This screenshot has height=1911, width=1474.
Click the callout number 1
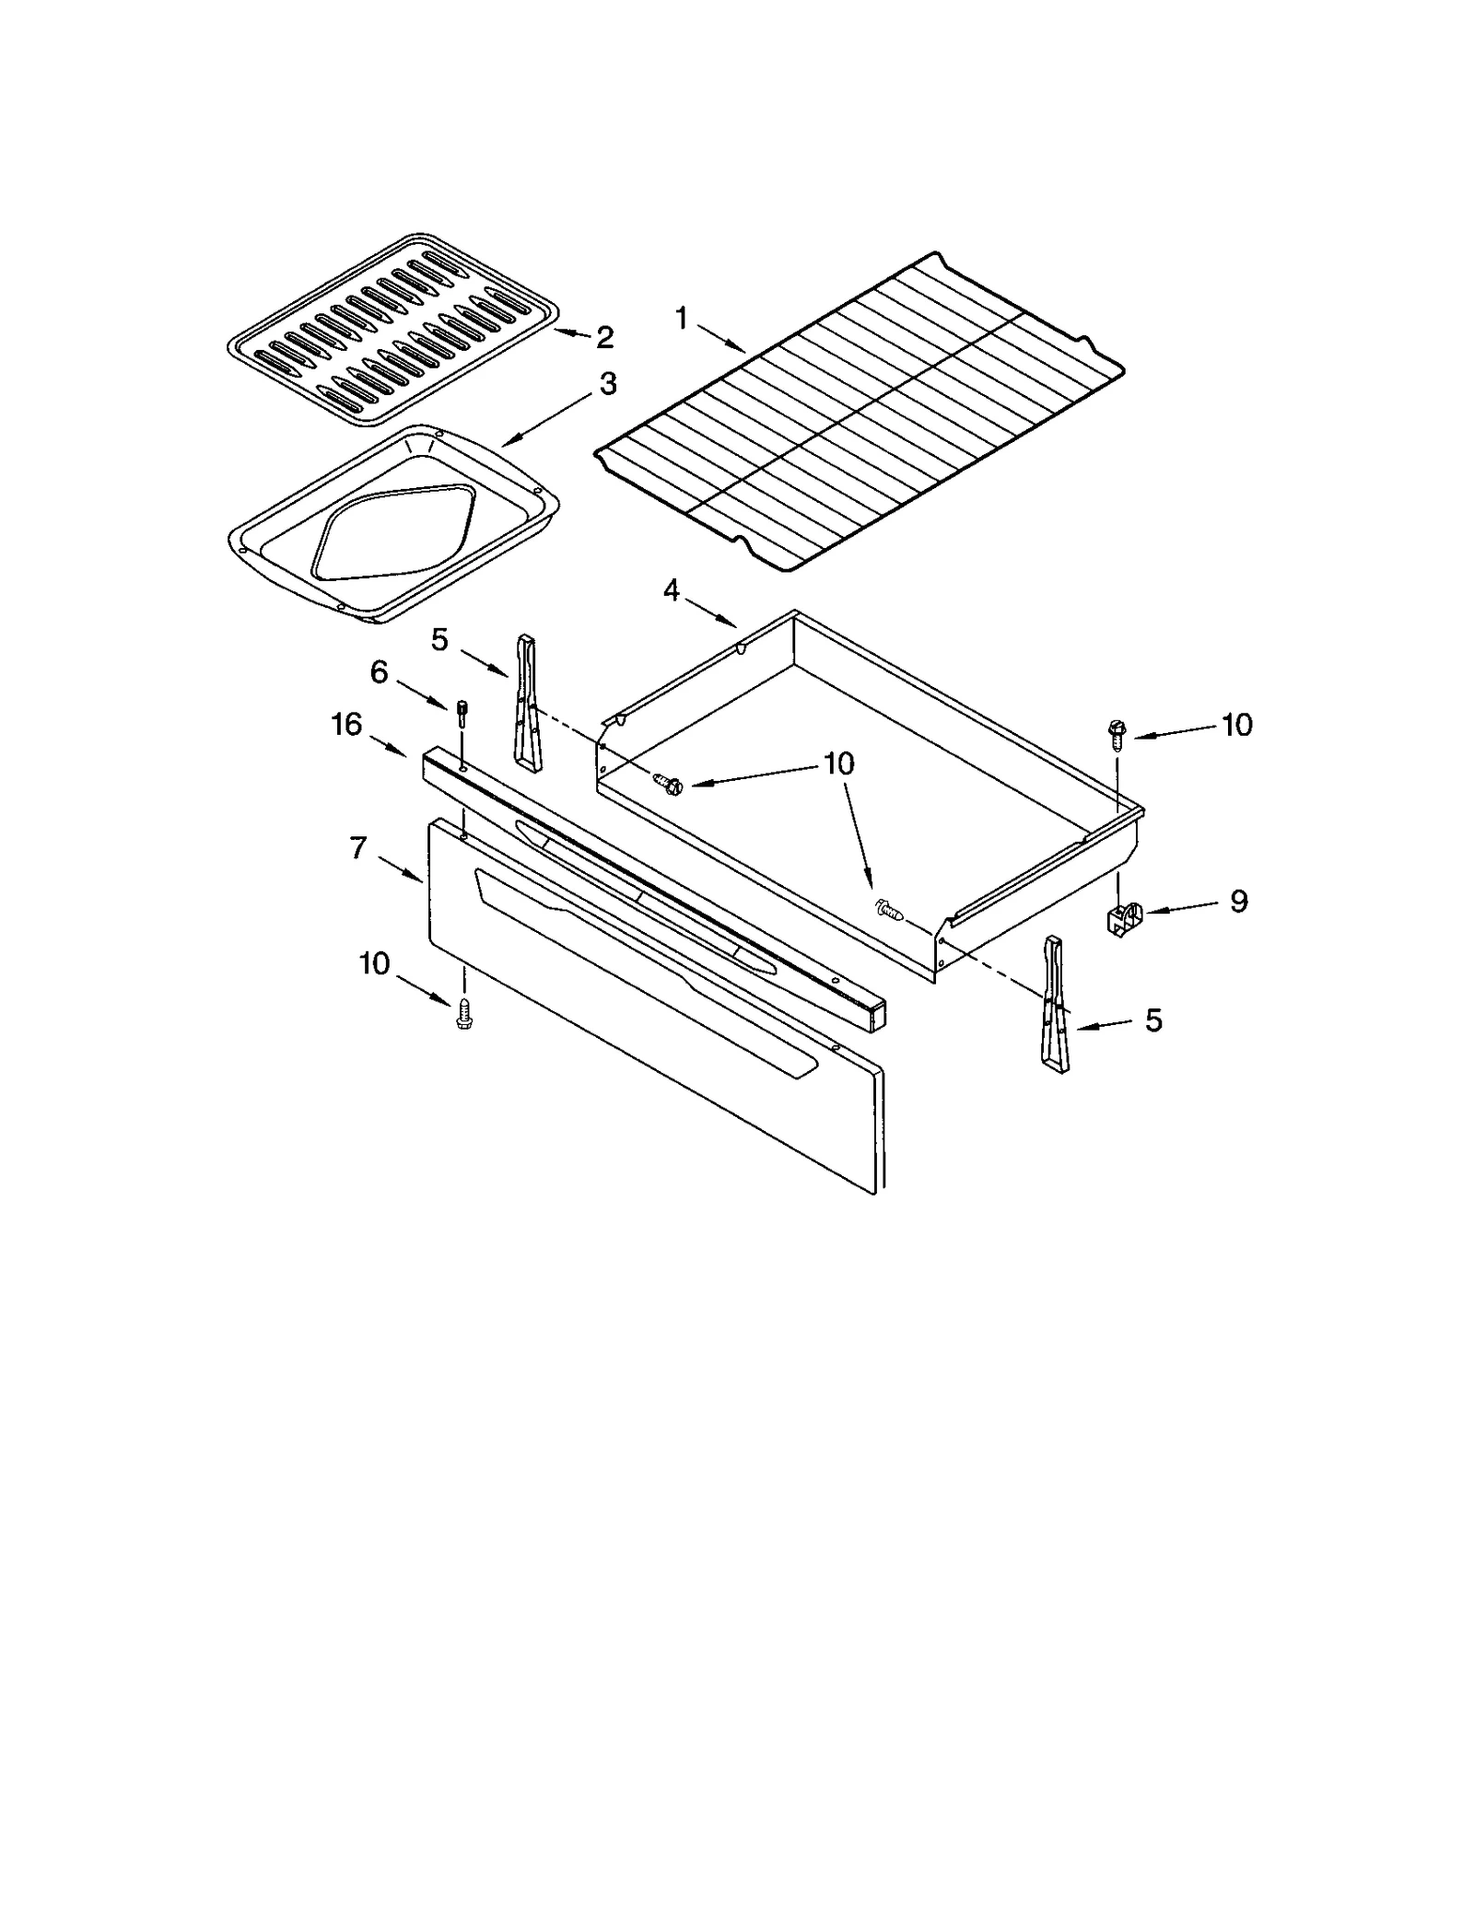click(681, 319)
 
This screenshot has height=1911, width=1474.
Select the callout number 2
click(604, 337)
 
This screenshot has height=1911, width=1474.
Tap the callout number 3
click(607, 384)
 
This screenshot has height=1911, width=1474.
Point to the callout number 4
click(672, 589)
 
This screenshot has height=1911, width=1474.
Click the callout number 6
click(380, 672)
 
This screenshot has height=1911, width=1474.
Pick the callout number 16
click(346, 725)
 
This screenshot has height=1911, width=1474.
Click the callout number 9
click(1239, 901)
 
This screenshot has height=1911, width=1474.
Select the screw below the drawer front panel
click(463, 1013)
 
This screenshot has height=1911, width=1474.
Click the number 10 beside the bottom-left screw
click(374, 963)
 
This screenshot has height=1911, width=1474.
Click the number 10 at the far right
click(1237, 725)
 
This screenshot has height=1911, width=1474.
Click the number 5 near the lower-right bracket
click(1153, 1020)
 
